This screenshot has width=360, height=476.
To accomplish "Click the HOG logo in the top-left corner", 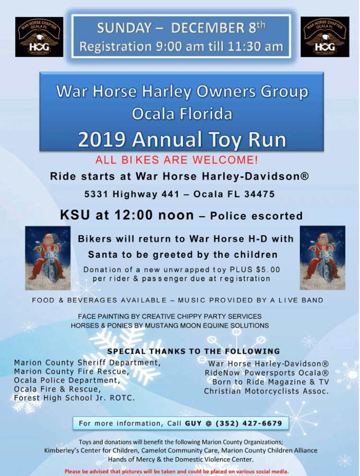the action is point(39,37).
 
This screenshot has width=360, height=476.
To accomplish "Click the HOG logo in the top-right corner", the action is point(325,37).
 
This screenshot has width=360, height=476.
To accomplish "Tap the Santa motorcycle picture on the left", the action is point(48,258).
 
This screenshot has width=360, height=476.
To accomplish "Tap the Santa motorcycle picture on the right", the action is point(323,258).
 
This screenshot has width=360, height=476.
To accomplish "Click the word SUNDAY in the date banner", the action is point(124,28).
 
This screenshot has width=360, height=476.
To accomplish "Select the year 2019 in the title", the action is point(102,140).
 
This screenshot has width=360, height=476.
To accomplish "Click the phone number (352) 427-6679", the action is point(249,423).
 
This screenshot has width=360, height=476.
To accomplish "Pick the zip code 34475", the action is point(259,194).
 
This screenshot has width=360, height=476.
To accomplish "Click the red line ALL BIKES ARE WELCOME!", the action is point(177,159).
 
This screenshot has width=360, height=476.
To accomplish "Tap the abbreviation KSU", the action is point(75,215).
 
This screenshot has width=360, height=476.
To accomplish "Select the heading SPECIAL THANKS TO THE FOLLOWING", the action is point(193,351).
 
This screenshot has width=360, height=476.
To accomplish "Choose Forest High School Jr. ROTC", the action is point(74,398).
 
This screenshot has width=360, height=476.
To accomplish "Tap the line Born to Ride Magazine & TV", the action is point(271,382).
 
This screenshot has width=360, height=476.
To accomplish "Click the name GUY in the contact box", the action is point(193,423).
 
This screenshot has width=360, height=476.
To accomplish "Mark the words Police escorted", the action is point(256,216).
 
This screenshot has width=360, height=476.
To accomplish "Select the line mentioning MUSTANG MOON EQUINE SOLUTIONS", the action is point(170,326).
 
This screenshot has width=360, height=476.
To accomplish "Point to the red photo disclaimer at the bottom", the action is point(176,472).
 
